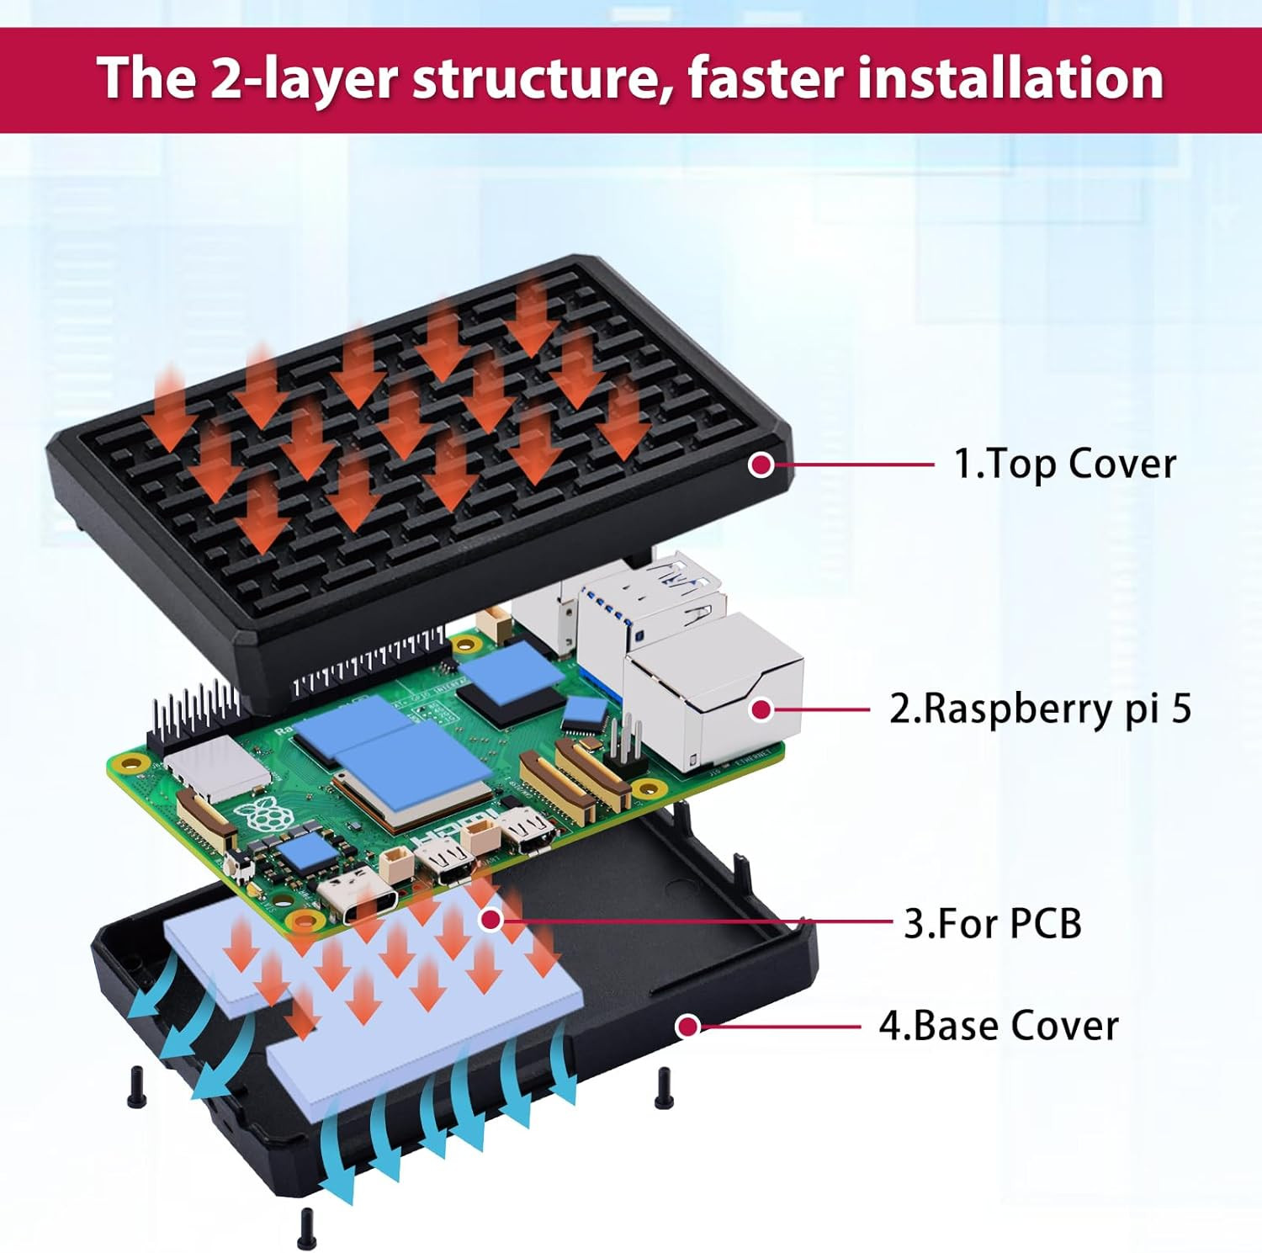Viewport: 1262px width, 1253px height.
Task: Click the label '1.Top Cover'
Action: point(1064,465)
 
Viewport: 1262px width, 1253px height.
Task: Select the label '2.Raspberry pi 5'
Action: point(1041,709)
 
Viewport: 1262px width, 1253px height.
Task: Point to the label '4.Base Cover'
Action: point(999,1026)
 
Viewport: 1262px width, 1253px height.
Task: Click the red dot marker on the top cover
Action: point(761,464)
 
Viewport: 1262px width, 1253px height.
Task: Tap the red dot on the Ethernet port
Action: point(761,709)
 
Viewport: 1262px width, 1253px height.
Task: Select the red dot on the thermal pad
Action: point(491,920)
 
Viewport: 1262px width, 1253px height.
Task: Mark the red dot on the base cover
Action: point(688,1026)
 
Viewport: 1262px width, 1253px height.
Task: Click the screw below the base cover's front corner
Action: point(306,1229)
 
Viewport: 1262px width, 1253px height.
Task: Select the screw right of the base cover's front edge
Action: point(663,1086)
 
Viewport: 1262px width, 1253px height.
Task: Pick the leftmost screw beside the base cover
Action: point(135,1086)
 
